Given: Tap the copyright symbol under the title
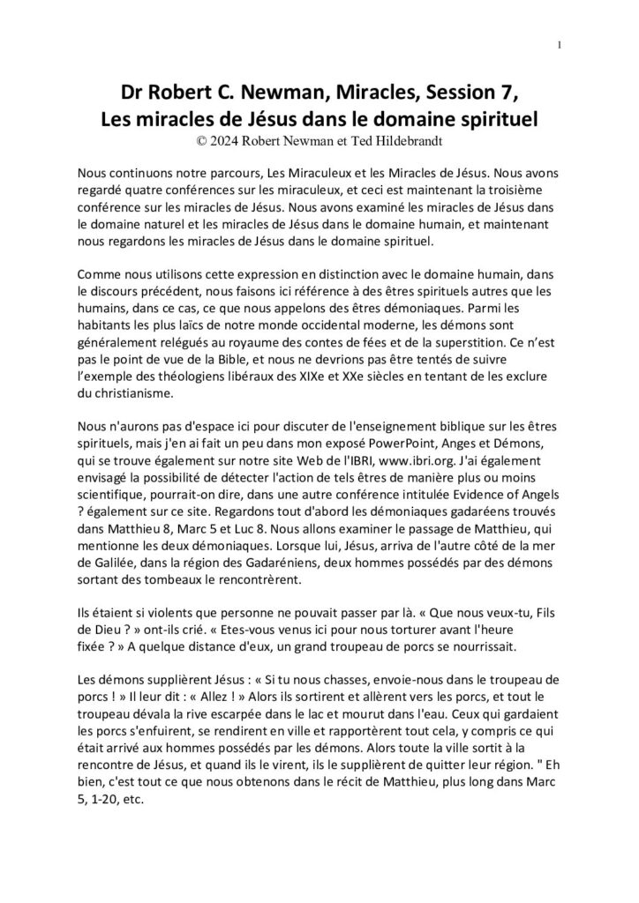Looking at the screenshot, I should point(207,138).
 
